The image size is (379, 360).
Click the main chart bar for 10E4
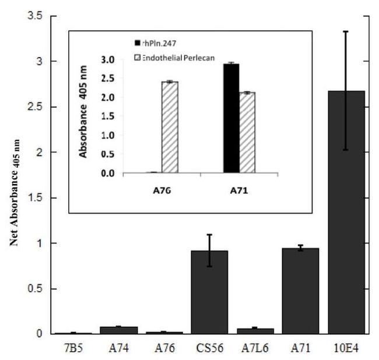click(x=346, y=213)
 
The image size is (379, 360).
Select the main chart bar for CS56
click(x=209, y=292)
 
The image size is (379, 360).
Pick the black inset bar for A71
click(x=231, y=118)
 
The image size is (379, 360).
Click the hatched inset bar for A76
click(x=170, y=128)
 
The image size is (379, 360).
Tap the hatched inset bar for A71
click(x=247, y=133)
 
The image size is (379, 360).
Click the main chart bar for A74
click(x=118, y=330)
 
